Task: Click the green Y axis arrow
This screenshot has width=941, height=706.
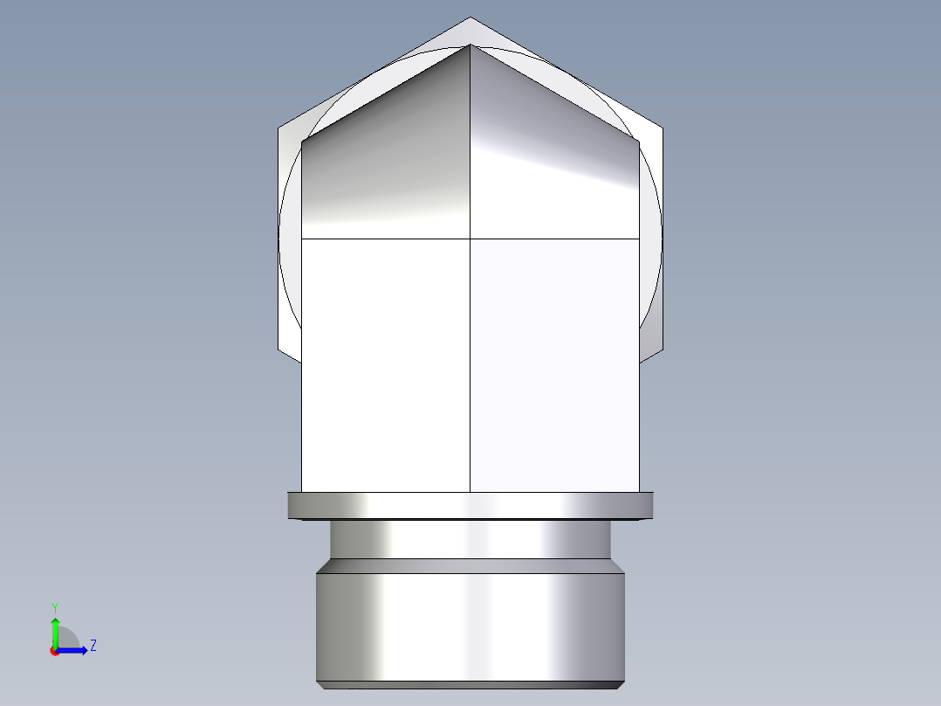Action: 54,628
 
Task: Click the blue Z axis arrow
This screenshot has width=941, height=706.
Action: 77,649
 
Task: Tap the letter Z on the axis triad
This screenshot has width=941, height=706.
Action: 93,646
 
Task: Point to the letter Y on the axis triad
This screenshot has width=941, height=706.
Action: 54,606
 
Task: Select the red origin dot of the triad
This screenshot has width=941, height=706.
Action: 54,650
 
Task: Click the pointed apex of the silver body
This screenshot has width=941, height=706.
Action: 470,45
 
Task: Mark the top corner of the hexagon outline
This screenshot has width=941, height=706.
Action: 470,18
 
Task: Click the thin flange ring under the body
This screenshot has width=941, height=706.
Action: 470,505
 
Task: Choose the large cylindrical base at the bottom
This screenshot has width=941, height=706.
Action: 470,625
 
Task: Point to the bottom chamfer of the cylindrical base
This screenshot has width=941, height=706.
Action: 470,684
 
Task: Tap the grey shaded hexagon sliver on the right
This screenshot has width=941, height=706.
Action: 650,341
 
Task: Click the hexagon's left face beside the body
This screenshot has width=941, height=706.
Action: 289,245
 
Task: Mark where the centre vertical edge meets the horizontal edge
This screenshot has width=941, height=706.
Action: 470,238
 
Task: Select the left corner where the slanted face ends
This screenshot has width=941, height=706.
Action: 302,142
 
